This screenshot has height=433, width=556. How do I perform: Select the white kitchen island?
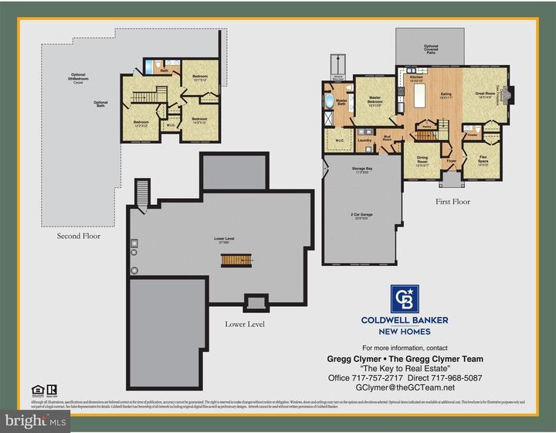420,97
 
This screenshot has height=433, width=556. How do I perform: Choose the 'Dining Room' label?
422,159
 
